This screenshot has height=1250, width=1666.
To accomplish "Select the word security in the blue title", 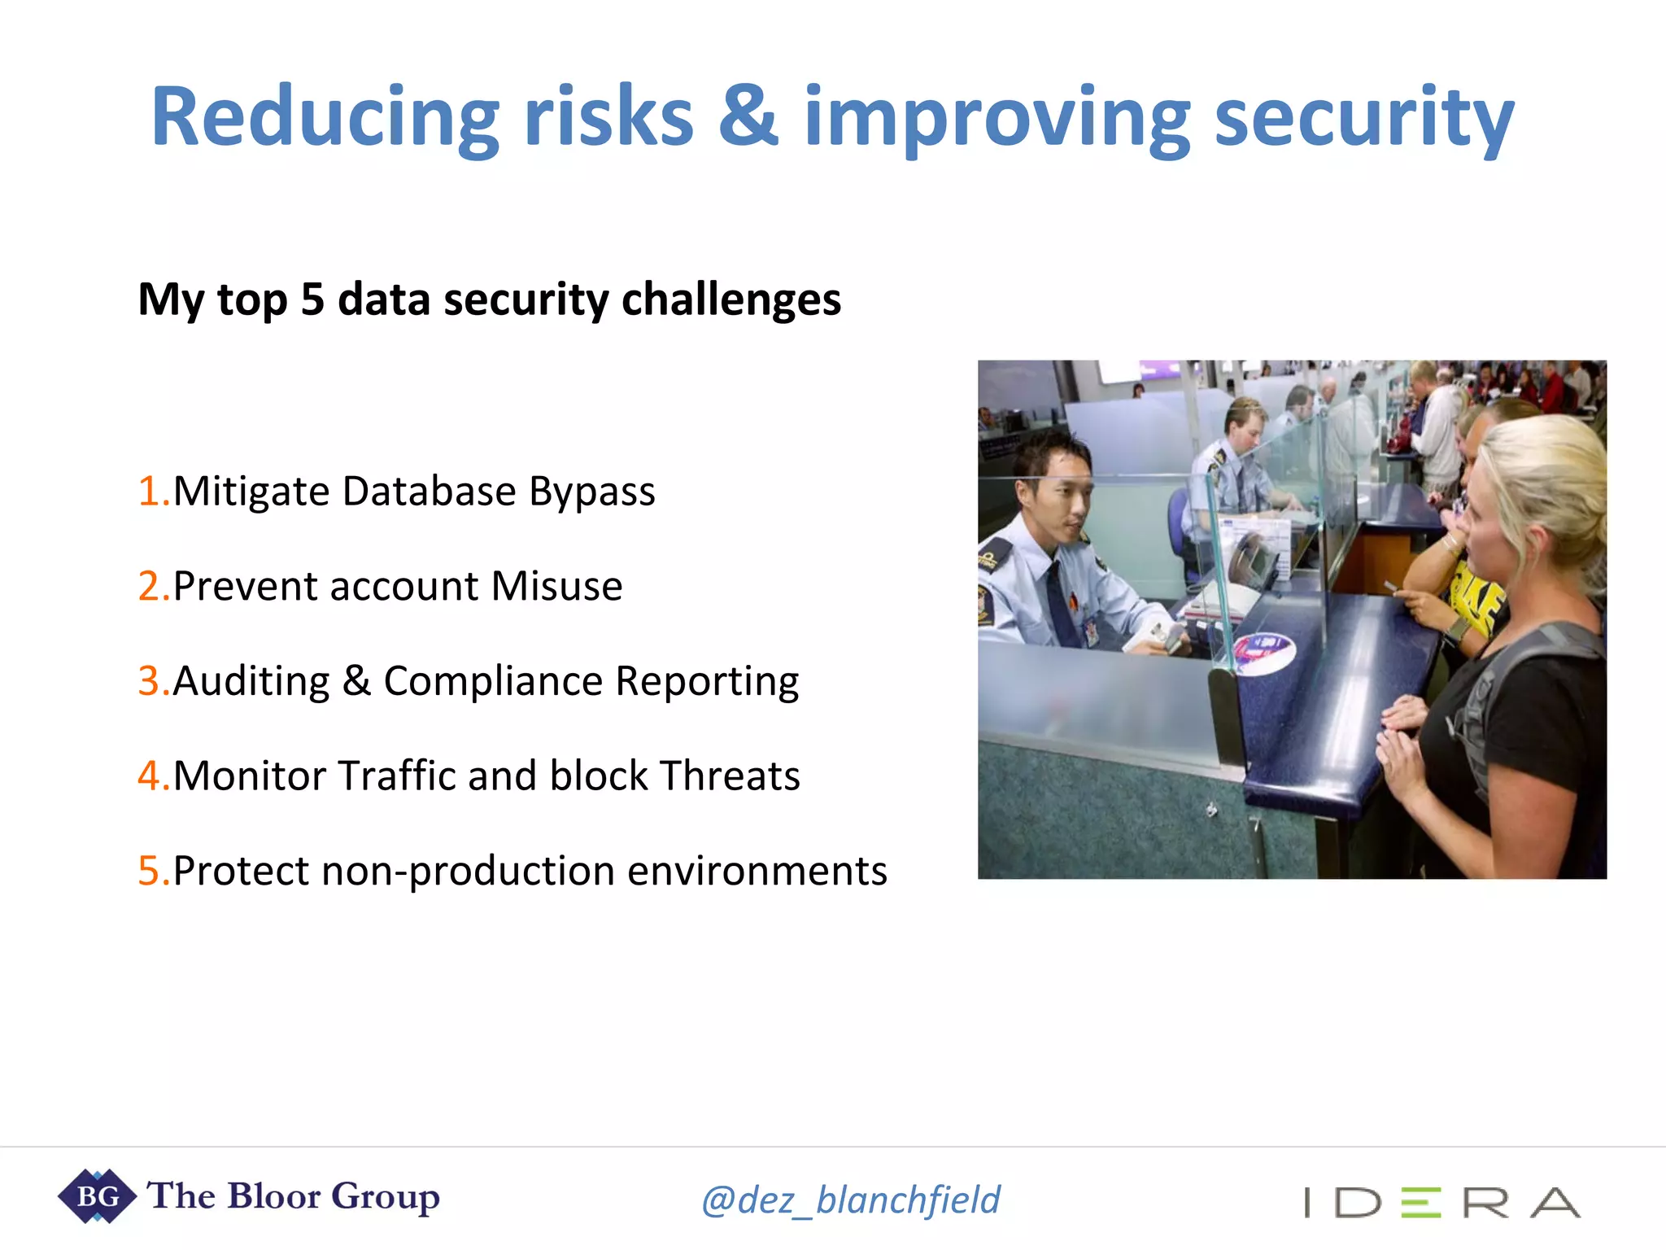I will click(x=1363, y=118).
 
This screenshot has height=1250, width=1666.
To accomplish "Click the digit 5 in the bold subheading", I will click(x=312, y=299).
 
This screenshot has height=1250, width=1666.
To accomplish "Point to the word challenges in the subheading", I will click(x=731, y=299).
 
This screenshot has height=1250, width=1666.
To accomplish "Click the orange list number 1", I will click(x=151, y=492).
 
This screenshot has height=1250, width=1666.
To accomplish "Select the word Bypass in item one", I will click(x=591, y=492).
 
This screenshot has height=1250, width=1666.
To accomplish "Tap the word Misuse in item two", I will click(x=556, y=587).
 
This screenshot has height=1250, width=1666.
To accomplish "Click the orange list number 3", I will click(x=151, y=681).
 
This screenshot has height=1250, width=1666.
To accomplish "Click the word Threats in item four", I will click(x=730, y=776).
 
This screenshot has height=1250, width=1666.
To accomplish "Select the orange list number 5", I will click(x=151, y=871).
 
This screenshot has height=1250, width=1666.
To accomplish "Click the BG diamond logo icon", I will click(x=97, y=1196).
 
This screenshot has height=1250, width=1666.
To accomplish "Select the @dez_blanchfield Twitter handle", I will click(x=851, y=1200).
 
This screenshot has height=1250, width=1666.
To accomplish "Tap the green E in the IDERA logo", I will click(x=1420, y=1203).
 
